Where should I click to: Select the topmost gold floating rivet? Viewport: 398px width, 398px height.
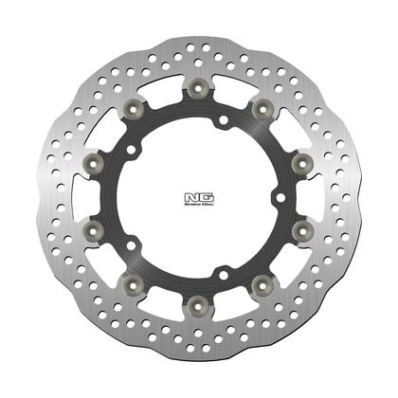pyautogui.click(x=199, y=89)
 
